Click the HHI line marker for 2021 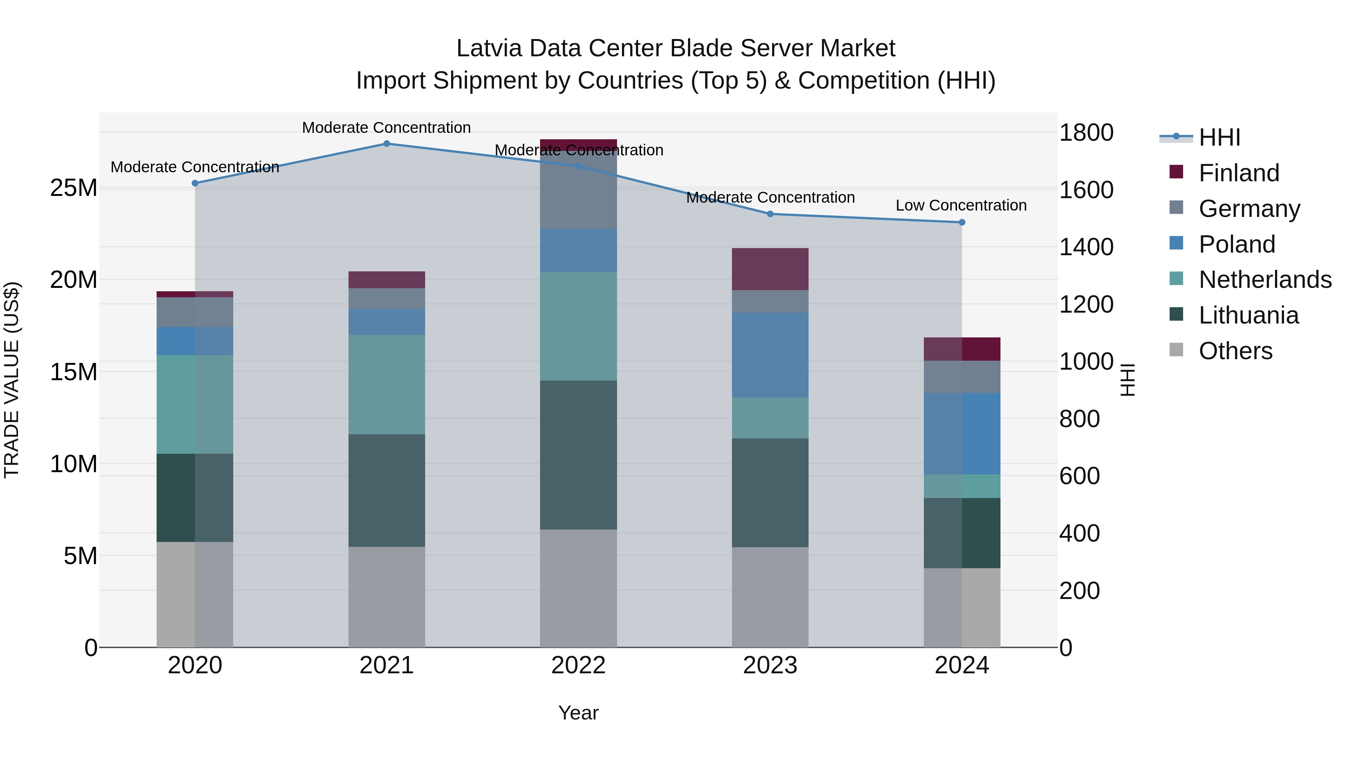(x=386, y=143)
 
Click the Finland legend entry (x=1239, y=173)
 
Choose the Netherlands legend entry (x=1265, y=280)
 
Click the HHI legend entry (x=1219, y=137)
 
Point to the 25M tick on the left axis (x=74, y=188)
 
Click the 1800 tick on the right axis (x=1085, y=133)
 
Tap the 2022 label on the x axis (x=578, y=665)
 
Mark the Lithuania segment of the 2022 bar (x=578, y=455)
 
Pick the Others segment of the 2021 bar (x=386, y=597)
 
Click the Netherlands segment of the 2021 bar (x=386, y=384)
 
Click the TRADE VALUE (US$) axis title (x=12, y=380)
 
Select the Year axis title (x=578, y=713)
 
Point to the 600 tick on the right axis (x=1079, y=476)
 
